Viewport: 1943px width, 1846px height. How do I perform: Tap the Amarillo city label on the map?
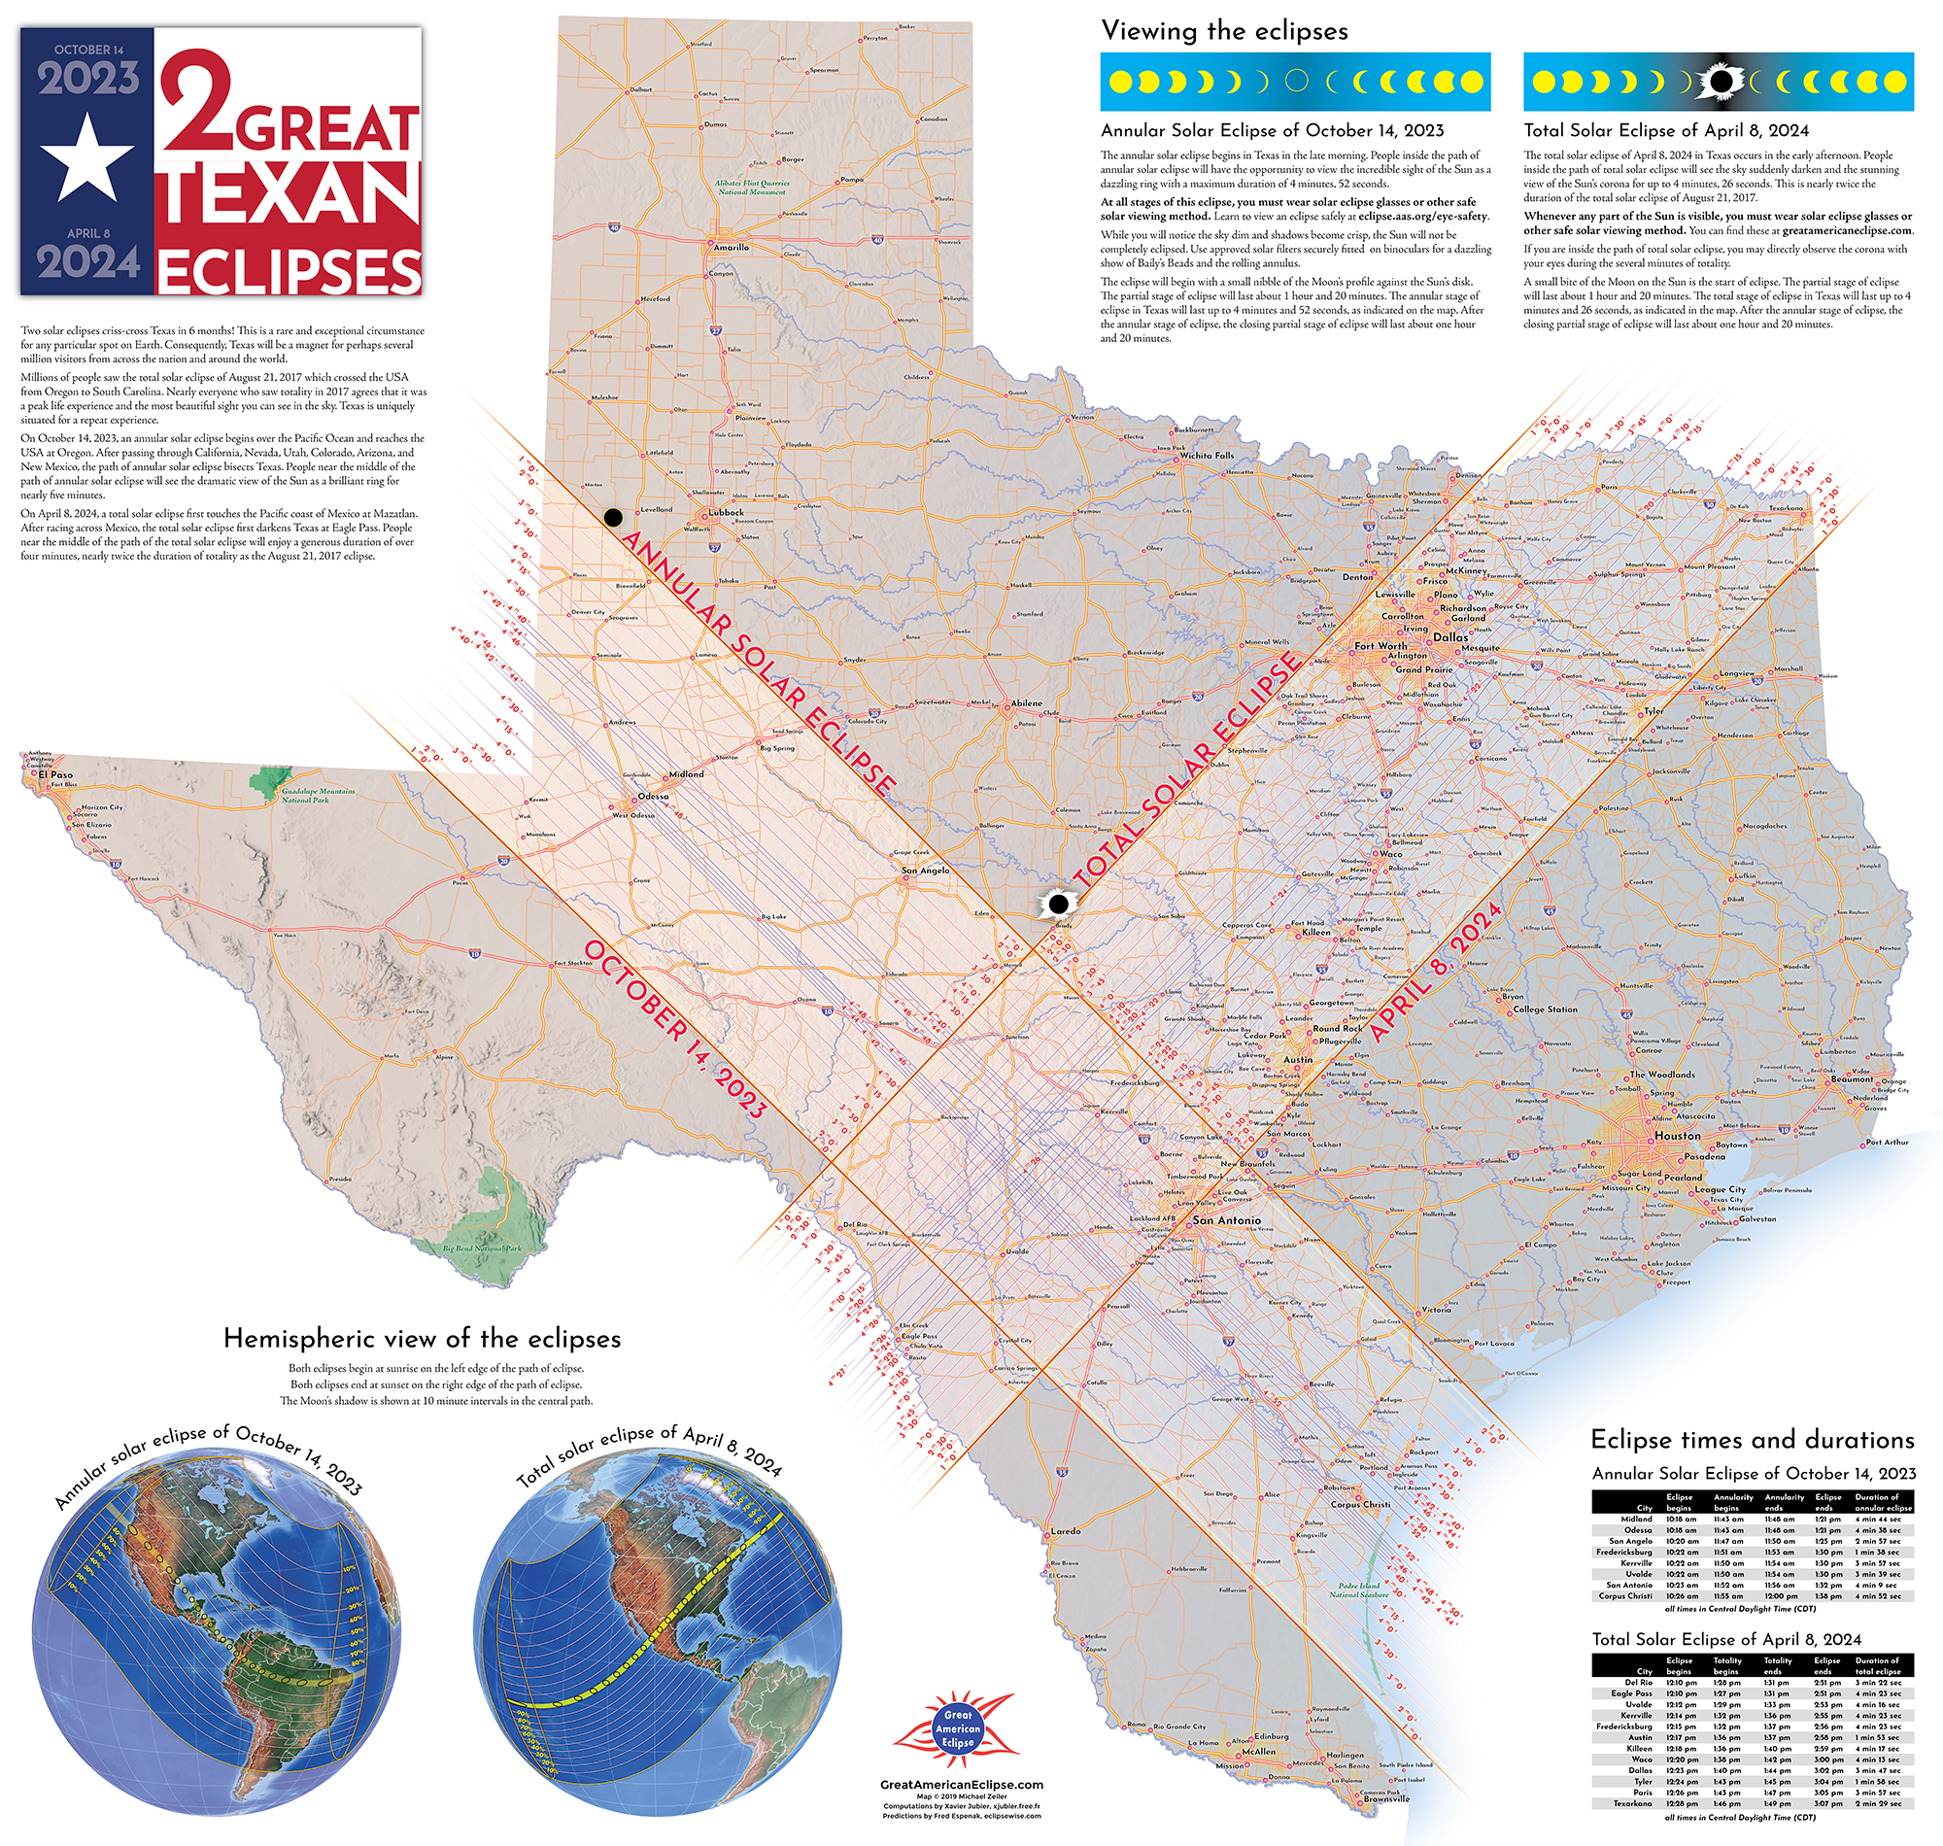pos(730,247)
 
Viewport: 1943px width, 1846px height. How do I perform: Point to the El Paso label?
pos(55,774)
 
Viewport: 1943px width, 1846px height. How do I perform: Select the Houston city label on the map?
pos(1678,1136)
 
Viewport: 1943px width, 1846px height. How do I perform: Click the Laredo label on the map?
pos(1066,1530)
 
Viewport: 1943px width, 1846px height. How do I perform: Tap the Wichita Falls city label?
pos(1207,456)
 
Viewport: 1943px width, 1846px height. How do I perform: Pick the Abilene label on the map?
pos(1026,703)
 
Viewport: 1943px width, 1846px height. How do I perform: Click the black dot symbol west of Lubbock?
pos(613,517)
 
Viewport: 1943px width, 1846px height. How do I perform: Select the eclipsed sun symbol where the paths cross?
pos(1059,904)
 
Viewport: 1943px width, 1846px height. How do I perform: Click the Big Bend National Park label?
pos(481,1248)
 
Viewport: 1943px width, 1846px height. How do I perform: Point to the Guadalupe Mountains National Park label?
pos(318,795)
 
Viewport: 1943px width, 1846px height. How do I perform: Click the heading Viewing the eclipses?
pos(1224,31)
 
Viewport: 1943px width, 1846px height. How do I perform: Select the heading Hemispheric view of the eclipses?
pos(422,1338)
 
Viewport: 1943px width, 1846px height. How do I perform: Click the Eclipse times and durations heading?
pos(1753,1440)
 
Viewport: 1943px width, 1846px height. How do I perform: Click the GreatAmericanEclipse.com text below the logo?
pos(961,1784)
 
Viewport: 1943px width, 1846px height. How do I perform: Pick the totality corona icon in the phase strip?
pos(1720,82)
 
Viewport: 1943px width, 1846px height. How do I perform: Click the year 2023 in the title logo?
pos(88,79)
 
